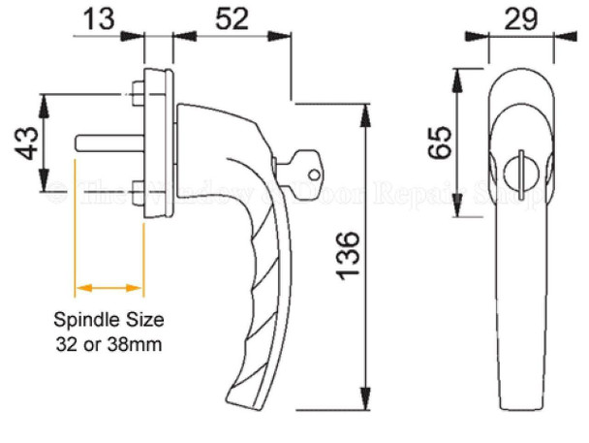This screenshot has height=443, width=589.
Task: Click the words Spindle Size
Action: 108,319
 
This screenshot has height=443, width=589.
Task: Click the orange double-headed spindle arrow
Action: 108,288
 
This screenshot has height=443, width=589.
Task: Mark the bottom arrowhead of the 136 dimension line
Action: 365,399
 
